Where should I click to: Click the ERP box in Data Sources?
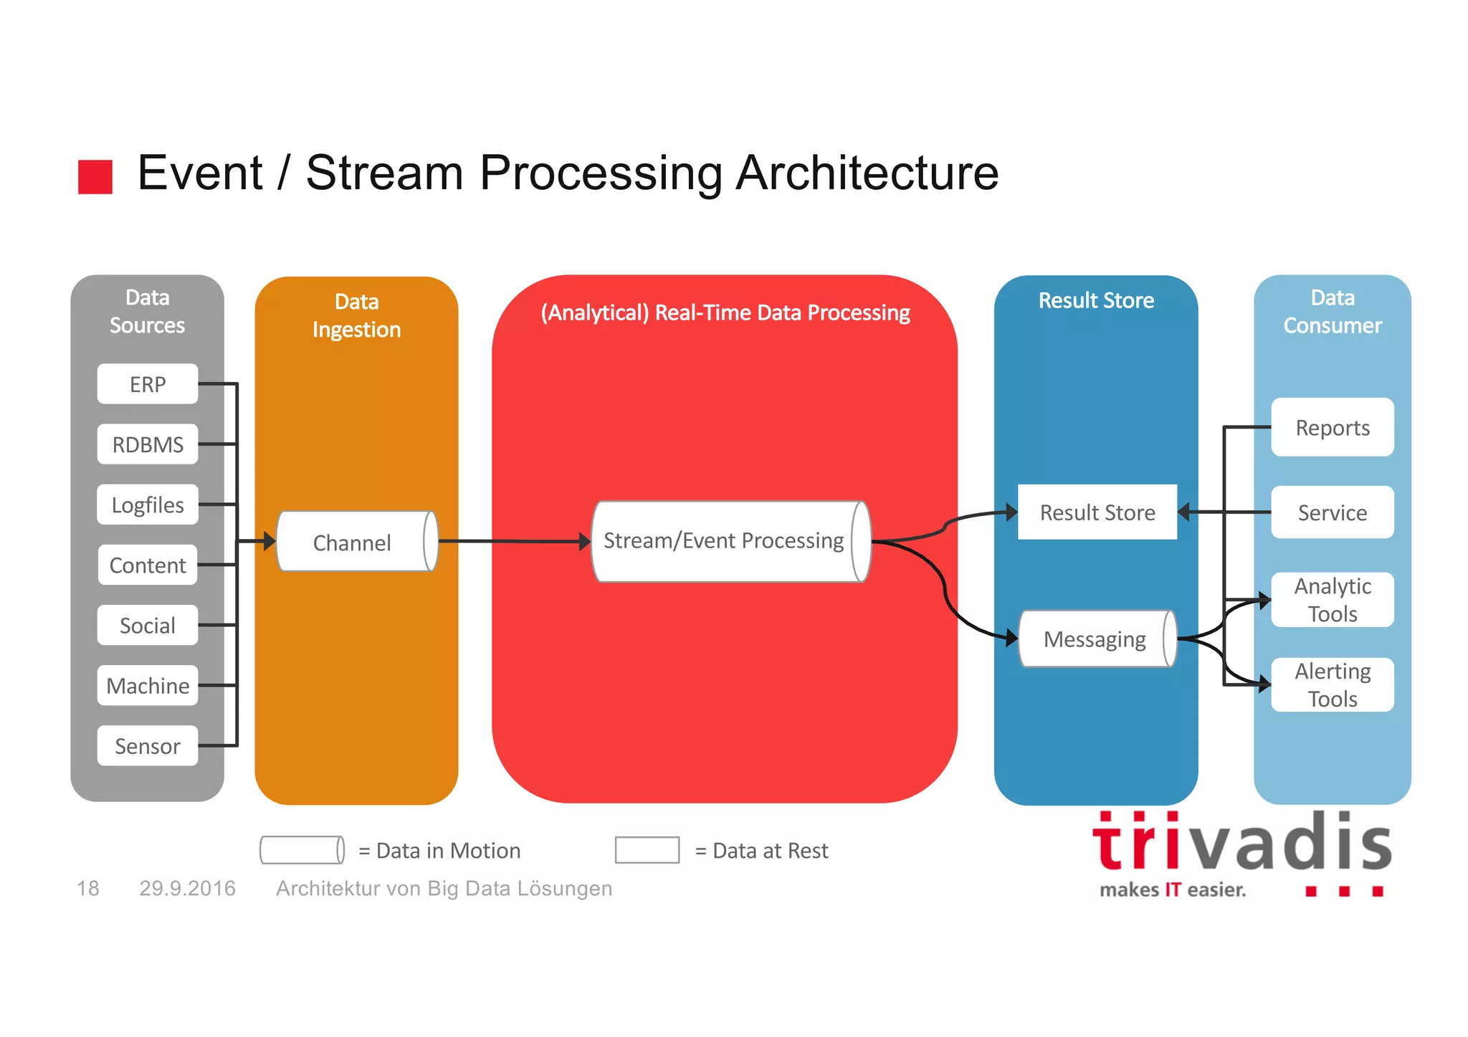[147, 384]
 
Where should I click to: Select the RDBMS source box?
[147, 444]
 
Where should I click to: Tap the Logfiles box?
[147, 505]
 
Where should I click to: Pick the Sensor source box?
[147, 746]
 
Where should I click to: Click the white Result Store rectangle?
[1097, 512]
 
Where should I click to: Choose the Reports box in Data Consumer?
[1332, 428]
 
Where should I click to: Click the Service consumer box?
[1332, 512]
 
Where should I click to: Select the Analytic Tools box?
[1332, 600]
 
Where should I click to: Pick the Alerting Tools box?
[1332, 684]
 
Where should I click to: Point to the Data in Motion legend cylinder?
[302, 850]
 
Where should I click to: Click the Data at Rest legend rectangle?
[647, 850]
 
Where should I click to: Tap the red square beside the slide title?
[95, 177]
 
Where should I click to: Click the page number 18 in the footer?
[87, 889]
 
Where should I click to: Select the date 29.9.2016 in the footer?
[187, 889]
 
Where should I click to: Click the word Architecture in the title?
[867, 173]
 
